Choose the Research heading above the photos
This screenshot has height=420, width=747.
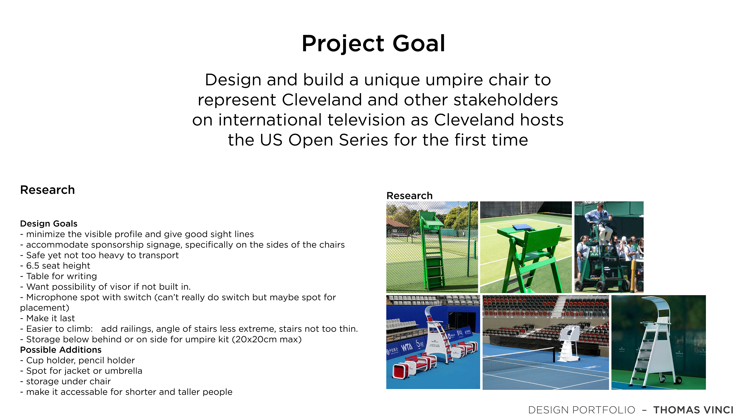pyautogui.click(x=409, y=196)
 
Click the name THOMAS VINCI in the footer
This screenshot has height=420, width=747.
pyautogui.click(x=693, y=410)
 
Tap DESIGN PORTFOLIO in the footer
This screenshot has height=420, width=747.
pyautogui.click(x=582, y=410)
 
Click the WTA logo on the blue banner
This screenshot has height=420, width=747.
pyautogui.click(x=407, y=346)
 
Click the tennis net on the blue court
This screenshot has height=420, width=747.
pyautogui.click(x=519, y=359)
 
